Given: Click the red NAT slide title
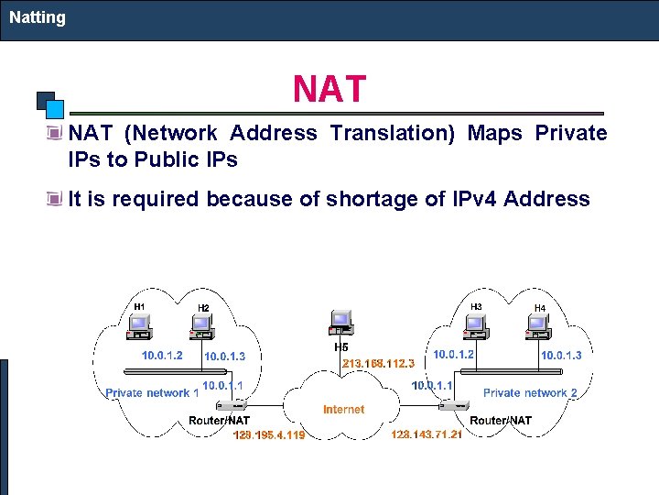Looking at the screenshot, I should [x=329, y=90].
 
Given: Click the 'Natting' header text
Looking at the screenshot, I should [x=38, y=17].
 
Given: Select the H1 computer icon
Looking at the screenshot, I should [x=140, y=324].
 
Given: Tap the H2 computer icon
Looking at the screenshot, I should [x=202, y=324].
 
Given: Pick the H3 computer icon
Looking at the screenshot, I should [x=475, y=324].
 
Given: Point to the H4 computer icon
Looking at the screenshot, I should [x=539, y=324].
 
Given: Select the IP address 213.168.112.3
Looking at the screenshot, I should [x=378, y=363].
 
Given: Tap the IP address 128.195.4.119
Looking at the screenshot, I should [x=269, y=434].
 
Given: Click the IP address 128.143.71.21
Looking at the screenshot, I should [x=427, y=434].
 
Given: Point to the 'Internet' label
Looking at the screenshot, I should [x=343, y=410].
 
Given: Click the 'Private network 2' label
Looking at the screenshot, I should [x=530, y=393].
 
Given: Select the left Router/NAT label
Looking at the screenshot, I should [x=219, y=421].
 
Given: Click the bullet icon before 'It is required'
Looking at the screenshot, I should [x=58, y=198].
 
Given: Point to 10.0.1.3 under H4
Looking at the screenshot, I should [x=560, y=356].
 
